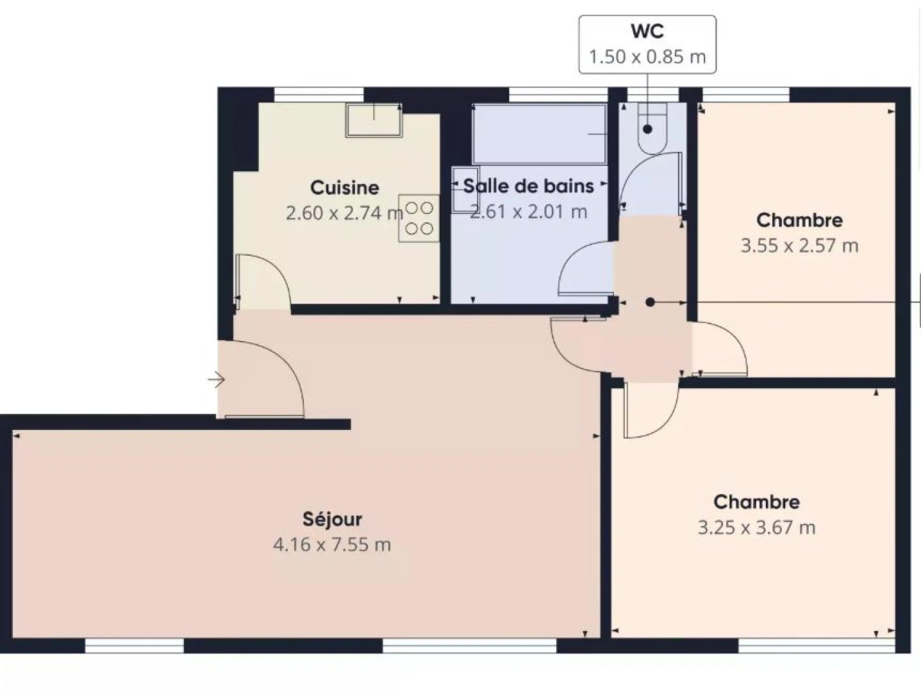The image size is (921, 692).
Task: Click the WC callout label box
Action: [647, 44]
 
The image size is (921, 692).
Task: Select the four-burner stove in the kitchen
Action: [419, 218]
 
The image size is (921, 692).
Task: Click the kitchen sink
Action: [374, 120]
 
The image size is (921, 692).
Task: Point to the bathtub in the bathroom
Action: [539, 134]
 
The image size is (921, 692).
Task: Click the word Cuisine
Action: [344, 188]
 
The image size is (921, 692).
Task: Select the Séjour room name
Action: [332, 519]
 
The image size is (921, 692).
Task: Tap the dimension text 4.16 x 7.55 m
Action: [332, 545]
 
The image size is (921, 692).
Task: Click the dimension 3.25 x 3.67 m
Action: [756, 528]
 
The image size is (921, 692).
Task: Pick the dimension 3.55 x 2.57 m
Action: [799, 245]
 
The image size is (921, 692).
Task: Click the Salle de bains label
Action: [528, 186]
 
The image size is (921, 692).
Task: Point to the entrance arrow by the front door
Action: [217, 380]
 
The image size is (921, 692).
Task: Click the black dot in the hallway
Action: [650, 302]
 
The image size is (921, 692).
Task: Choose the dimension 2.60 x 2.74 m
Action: [344, 213]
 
